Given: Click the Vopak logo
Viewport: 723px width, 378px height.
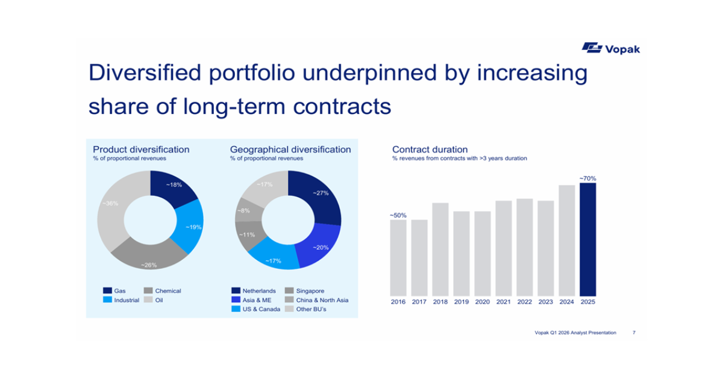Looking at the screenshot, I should click(x=610, y=48).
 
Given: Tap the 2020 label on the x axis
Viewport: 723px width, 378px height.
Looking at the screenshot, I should click(x=482, y=301).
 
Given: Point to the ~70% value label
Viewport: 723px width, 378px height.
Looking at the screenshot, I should click(x=587, y=178).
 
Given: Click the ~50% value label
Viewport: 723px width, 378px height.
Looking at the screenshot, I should click(x=398, y=215).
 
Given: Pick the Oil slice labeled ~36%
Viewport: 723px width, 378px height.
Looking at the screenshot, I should click(x=114, y=211).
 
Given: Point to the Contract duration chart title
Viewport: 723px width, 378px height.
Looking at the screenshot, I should click(x=430, y=150).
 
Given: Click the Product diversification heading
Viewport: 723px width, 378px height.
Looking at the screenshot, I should click(x=141, y=150).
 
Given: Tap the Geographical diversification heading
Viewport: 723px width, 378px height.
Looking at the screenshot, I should click(x=290, y=150).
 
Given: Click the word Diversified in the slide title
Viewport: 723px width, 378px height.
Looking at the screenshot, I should click(x=145, y=73).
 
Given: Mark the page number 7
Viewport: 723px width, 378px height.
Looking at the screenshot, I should click(x=634, y=332).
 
